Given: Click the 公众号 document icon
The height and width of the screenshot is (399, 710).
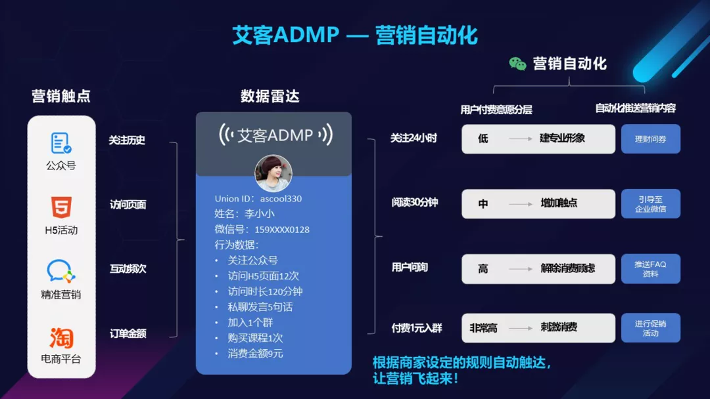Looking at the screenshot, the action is (x=60, y=143).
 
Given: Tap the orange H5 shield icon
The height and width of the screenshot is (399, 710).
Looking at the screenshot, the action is (x=61, y=207).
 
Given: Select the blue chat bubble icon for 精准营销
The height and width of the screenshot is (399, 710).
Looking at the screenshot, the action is (x=60, y=271).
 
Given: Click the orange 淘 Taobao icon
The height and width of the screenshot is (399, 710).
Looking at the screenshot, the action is (x=61, y=337).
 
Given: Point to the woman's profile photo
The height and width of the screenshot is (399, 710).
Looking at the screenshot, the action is (x=273, y=173).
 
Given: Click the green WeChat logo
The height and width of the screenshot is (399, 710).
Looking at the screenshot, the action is (x=517, y=64).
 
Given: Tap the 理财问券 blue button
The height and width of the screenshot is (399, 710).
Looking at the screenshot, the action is (x=651, y=139).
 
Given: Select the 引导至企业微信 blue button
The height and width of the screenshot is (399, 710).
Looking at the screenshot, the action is (x=651, y=204).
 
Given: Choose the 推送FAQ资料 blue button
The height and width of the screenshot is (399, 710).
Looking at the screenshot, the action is (x=651, y=269).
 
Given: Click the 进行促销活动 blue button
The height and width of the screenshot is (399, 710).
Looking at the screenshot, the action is (x=651, y=328).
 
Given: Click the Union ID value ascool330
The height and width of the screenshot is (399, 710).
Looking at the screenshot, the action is (x=281, y=199).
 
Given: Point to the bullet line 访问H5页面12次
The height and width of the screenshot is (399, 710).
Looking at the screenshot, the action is (x=263, y=276).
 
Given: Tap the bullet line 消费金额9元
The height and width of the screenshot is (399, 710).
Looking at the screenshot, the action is (x=255, y=353).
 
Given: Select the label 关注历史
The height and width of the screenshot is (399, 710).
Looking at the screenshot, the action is (x=127, y=140).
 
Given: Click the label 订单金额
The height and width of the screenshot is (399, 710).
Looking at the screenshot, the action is (x=128, y=333).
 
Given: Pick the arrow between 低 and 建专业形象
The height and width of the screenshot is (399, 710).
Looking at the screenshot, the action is (x=521, y=138).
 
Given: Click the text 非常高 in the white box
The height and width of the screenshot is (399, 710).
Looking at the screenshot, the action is (x=483, y=328).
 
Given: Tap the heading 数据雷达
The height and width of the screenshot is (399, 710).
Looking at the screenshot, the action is (x=270, y=96).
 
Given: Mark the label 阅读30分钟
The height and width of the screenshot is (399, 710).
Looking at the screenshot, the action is (x=415, y=202).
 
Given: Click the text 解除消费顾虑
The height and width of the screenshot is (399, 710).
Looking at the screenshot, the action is (x=568, y=268).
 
